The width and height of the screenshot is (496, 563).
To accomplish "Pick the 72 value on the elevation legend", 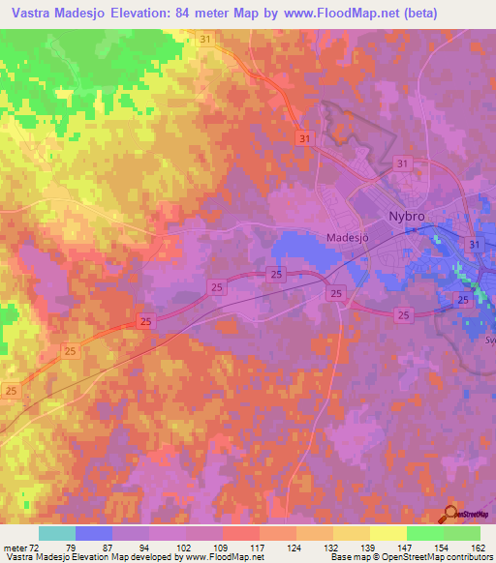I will [32, 548].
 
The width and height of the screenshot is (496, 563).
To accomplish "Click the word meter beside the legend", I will [14, 548].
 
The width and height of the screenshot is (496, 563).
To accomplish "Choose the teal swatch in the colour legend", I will [57, 533].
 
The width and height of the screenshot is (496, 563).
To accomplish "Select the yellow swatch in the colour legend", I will [387, 533].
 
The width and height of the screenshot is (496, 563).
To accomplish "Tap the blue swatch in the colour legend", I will [94, 533].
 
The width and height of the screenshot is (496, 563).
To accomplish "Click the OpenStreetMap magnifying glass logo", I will [449, 515].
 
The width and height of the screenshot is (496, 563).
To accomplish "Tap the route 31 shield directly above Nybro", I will [401, 164].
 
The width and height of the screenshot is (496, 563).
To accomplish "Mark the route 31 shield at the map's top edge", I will [204, 39].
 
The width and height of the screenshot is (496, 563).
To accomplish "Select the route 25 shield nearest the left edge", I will [12, 390].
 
